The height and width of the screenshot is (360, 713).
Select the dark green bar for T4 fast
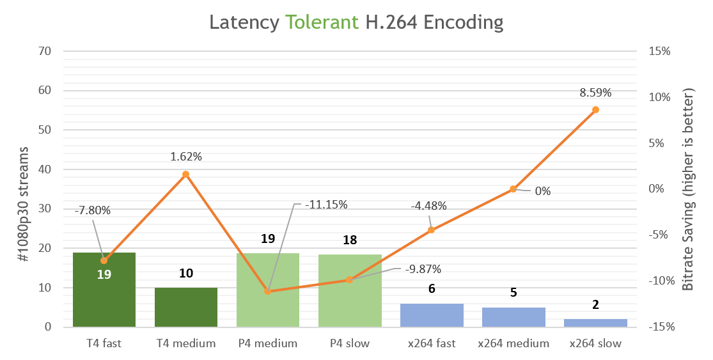pos(104,301)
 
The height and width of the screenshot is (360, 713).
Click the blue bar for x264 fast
pos(432,315)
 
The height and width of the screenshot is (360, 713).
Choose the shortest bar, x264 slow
pos(595,323)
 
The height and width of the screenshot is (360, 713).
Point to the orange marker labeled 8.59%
pos(595,110)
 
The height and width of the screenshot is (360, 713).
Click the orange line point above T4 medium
pos(186,174)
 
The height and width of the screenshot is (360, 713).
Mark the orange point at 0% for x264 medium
pos(513,189)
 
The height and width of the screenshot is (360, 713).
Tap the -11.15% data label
pos(326,205)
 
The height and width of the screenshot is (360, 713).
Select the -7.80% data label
pos(93,210)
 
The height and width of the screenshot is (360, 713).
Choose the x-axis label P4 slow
pos(350,343)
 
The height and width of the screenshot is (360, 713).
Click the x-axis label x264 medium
pos(513,343)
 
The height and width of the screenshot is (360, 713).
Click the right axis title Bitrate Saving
pos(689,189)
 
